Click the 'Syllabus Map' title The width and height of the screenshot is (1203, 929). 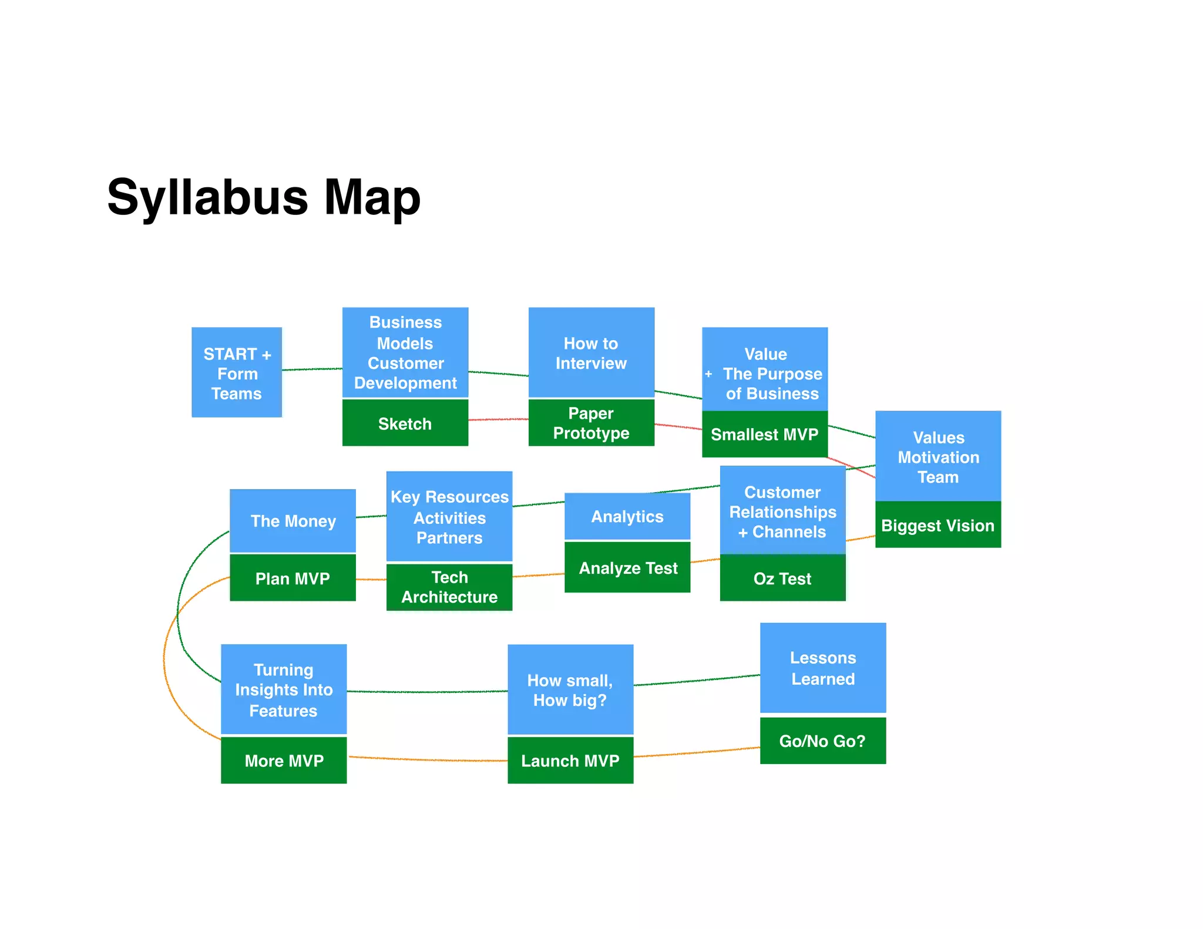[264, 198]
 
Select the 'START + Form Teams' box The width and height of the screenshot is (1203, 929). [237, 372]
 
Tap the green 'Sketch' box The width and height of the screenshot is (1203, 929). [405, 423]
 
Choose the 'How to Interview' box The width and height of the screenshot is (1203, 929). [591, 352]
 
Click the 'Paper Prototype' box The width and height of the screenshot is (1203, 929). [591, 423]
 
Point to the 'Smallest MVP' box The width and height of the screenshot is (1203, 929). [764, 435]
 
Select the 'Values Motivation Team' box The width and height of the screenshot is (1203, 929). [938, 456]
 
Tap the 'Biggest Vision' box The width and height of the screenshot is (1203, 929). [938, 525]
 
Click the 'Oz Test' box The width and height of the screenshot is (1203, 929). [782, 578]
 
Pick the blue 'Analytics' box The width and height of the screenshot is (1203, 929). [627, 516]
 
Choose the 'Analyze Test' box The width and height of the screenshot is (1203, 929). [627, 568]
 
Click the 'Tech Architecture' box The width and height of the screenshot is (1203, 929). [449, 587]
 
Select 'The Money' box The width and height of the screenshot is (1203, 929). [293, 521]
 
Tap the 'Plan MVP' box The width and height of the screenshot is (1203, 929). [293, 578]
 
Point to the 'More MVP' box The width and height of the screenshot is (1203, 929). [284, 760]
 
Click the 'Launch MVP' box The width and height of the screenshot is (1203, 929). [570, 760]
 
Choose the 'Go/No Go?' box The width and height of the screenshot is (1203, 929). [822, 740]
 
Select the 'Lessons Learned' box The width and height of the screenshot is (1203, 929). [822, 668]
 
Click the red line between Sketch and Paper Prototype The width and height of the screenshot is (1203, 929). [498, 419]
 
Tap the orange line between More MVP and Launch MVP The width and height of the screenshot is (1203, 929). [429, 760]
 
